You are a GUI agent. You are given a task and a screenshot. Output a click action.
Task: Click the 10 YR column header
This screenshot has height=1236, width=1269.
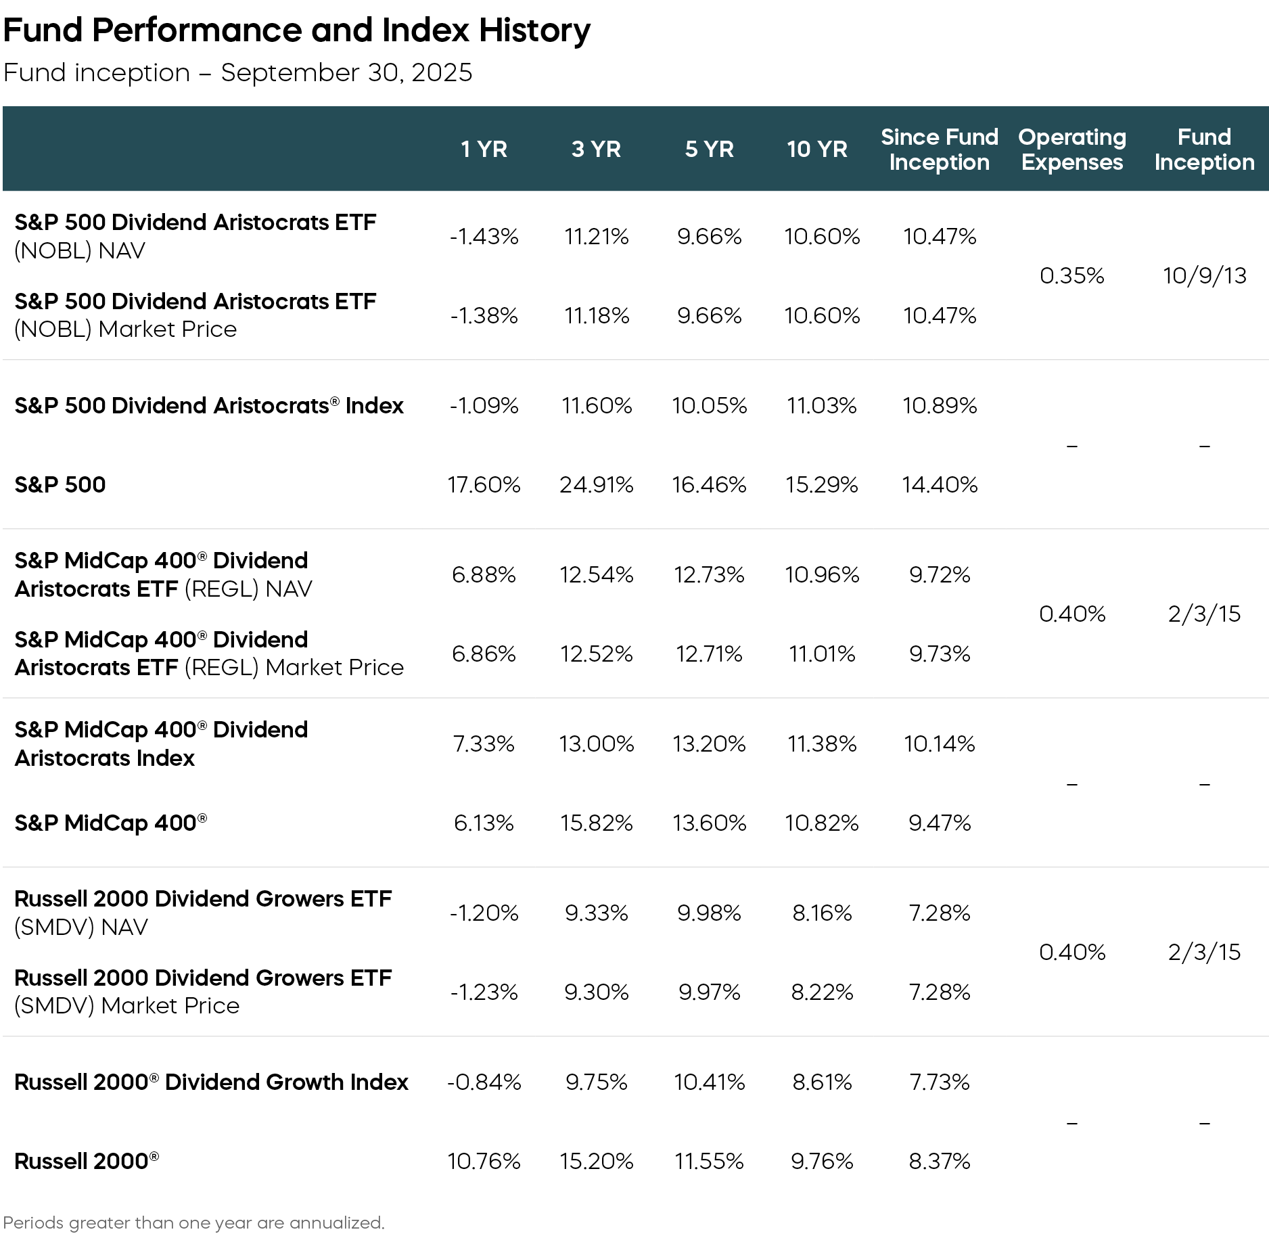tap(816, 149)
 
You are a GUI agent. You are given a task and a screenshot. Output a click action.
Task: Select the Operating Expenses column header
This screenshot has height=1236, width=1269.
tap(1071, 149)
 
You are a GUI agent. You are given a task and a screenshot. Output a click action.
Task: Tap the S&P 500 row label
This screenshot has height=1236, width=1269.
tap(60, 484)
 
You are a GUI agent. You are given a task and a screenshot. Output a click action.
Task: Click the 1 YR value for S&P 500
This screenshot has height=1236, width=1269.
tap(484, 484)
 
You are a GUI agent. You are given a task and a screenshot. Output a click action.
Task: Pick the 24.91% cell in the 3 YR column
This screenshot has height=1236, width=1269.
tap(596, 484)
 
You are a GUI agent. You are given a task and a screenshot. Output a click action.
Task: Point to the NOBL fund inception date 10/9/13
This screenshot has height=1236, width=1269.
tap(1204, 275)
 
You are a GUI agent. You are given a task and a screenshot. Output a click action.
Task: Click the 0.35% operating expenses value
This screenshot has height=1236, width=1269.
tap(1071, 275)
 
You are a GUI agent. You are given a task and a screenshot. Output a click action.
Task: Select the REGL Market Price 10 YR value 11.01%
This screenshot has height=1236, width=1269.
tap(821, 654)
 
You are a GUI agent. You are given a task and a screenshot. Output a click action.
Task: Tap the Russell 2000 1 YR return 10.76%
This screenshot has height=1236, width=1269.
tap(484, 1161)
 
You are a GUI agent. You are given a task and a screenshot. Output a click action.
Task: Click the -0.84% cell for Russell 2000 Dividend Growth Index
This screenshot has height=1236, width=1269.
tap(484, 1082)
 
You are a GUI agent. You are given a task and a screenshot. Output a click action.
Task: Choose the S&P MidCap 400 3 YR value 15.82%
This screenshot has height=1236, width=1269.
tap(596, 823)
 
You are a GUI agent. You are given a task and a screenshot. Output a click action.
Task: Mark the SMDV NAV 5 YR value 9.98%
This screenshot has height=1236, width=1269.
tap(709, 913)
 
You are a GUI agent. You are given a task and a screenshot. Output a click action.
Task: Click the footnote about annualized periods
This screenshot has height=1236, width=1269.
tap(193, 1222)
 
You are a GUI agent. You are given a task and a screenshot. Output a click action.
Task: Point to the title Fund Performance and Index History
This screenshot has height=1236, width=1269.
tap(296, 30)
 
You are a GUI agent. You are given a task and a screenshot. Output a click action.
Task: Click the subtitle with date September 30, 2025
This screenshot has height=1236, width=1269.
tap(237, 72)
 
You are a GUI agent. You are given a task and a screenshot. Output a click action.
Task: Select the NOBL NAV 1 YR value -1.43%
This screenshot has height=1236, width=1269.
tap(484, 236)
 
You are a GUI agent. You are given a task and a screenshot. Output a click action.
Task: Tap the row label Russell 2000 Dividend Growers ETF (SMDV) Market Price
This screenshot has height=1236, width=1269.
tap(203, 991)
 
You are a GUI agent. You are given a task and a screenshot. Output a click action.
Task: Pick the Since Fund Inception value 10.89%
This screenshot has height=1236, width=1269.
tap(939, 405)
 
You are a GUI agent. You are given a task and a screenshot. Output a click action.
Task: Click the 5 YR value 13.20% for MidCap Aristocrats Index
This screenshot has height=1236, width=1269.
tap(709, 743)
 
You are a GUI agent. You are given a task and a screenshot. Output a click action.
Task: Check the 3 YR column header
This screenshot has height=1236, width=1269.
tap(596, 149)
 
